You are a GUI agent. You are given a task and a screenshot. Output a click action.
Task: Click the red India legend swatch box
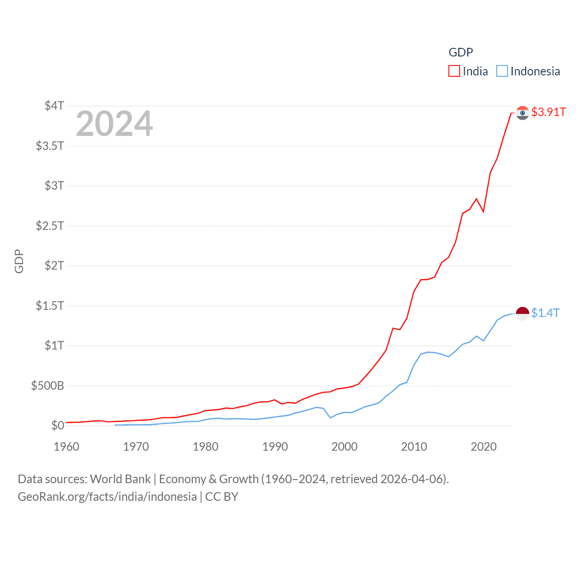coord(454,71)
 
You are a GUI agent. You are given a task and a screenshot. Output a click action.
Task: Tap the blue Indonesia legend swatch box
coord(502,71)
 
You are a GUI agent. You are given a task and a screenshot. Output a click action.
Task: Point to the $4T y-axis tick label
coord(54,106)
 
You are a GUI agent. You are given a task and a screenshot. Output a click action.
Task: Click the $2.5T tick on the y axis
coord(50,225)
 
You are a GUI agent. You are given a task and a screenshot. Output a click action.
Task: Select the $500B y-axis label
coord(47,386)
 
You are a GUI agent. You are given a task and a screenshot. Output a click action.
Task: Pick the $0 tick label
coord(57,425)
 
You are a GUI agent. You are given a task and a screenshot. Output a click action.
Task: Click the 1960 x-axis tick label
coord(66,447)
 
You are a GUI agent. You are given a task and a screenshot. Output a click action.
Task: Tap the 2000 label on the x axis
coord(345,447)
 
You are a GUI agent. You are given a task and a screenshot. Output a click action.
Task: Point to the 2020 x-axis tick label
coord(484,447)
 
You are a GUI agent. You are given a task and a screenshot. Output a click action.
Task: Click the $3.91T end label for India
coord(548,112)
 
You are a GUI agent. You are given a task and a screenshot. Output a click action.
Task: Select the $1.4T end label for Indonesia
coord(545,313)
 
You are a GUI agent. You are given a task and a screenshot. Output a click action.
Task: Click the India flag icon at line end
coord(522,113)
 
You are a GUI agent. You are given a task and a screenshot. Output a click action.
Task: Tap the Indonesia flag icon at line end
coord(522,313)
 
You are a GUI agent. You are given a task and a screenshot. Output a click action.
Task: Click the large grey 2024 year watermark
coord(114,124)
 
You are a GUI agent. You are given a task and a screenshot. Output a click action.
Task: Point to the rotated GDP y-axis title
coord(19,261)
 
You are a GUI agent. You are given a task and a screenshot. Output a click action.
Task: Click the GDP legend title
coord(461,52)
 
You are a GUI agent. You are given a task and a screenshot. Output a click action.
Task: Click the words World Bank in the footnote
coord(120,479)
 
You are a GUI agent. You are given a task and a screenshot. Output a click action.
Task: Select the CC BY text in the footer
coord(222,497)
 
